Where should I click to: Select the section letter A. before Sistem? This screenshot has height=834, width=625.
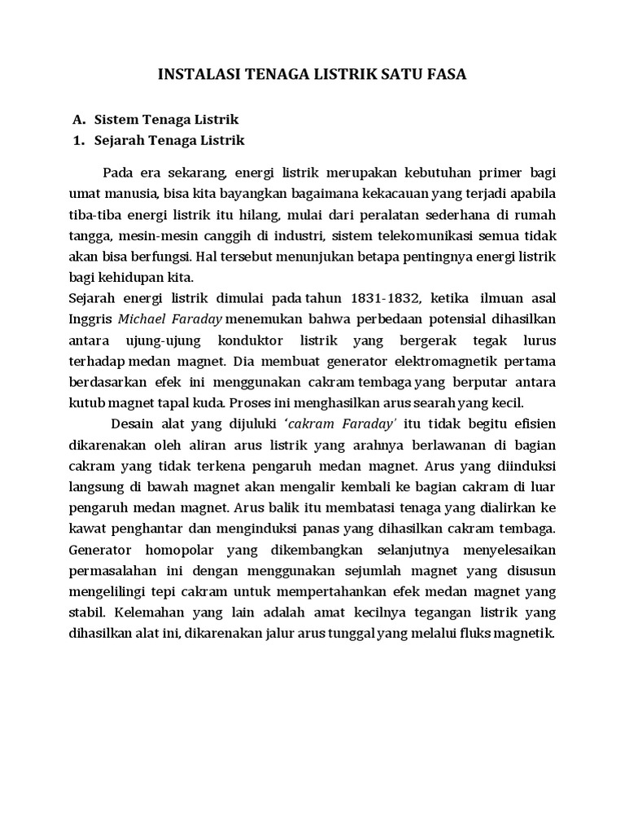coord(79,120)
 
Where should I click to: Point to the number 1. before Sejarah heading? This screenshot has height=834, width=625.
coord(79,140)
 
